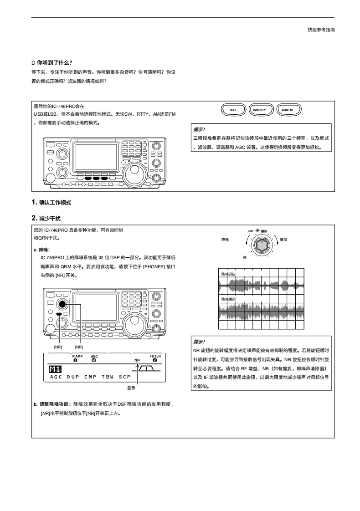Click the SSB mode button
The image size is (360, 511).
pos(232,110)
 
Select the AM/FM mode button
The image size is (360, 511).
pos(289,110)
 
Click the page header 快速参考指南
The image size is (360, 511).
pos(321,30)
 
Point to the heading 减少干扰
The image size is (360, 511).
pos(50,218)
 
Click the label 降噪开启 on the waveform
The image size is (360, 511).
pos(228,274)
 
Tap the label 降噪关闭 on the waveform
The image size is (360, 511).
pos(228,299)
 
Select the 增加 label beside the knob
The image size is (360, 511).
pos(283,239)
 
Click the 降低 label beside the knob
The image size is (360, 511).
pos(225,239)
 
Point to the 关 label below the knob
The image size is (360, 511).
pos(244,257)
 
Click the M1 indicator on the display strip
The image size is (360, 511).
pos(55,369)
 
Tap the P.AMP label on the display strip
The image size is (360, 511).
pos(75,356)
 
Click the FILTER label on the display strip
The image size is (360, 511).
pos(155,356)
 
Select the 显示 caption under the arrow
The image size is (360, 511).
pos(131,388)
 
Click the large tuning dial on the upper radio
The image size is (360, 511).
pos(136,172)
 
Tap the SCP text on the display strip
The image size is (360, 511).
pos(125,377)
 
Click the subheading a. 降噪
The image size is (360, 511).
pos(42,250)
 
